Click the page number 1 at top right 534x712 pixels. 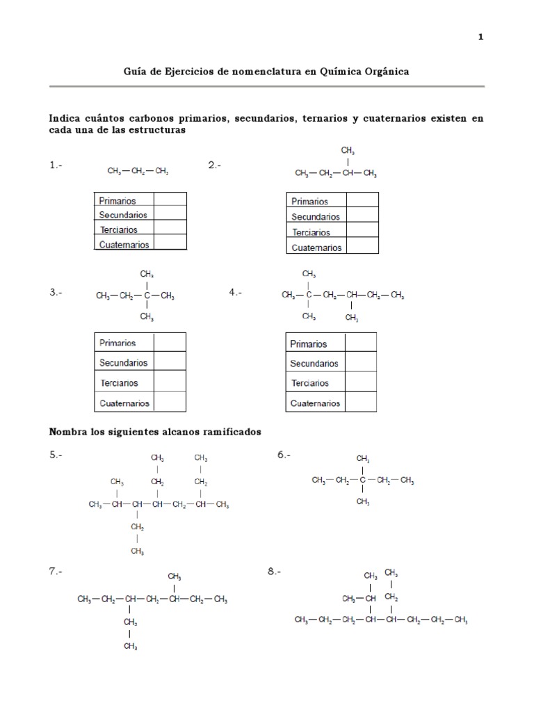[x=480, y=37]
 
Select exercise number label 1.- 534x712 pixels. [x=56, y=165]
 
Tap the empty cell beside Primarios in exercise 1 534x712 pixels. [x=170, y=200]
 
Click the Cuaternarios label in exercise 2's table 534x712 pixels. [x=316, y=248]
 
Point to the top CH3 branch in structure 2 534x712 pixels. [x=348, y=150]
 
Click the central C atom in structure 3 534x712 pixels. [x=146, y=296]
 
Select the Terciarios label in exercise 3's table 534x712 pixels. [x=119, y=382]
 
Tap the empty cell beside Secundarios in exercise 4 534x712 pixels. [x=360, y=363]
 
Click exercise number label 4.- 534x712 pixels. [x=236, y=293]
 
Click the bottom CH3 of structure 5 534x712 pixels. [x=137, y=551]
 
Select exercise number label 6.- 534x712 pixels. [x=284, y=455]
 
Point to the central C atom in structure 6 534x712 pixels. [x=362, y=480]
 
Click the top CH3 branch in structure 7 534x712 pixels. [x=175, y=576]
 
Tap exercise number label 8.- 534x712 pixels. [x=274, y=572]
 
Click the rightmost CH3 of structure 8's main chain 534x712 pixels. [x=460, y=620]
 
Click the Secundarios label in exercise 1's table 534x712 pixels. [x=123, y=215]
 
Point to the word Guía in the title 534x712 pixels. [x=136, y=72]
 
